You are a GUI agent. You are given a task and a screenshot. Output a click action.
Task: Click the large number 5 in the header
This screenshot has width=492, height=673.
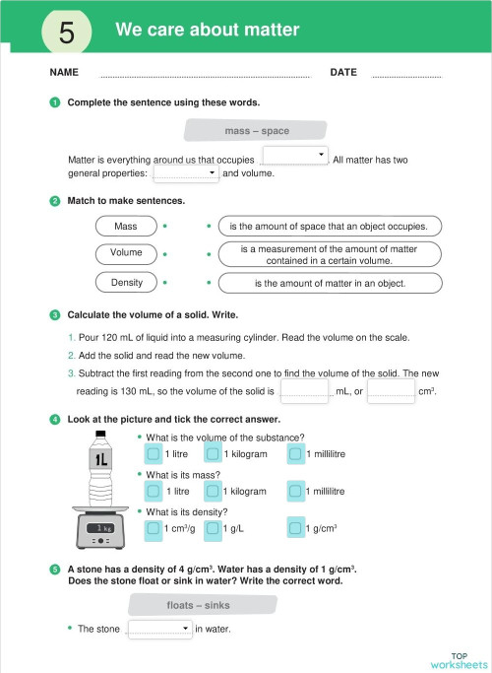67,32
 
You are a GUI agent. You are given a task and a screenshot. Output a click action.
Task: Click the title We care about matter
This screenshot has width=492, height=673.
207,30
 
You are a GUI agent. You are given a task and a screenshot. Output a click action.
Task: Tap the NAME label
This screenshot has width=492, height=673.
64,73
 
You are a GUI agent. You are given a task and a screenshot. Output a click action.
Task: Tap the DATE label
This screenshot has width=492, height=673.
343,73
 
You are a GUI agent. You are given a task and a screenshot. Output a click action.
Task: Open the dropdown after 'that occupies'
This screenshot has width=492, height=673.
295,156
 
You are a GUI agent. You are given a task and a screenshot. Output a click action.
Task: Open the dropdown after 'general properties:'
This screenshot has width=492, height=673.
186,173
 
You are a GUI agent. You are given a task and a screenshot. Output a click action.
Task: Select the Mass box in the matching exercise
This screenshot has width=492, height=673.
126,227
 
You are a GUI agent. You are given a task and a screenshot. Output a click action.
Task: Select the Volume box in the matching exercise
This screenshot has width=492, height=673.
126,253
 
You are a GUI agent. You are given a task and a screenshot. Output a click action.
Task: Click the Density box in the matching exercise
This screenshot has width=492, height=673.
126,283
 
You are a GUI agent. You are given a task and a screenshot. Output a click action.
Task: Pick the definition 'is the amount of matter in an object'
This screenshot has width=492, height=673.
330,284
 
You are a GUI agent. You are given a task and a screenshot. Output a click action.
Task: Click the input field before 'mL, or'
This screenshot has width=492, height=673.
305,391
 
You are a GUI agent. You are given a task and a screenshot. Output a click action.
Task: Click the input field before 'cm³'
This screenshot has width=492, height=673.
391,391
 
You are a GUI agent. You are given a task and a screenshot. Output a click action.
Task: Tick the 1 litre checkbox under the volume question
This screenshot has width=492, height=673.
153,454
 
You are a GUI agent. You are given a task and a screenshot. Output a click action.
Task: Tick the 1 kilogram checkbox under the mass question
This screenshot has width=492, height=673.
212,491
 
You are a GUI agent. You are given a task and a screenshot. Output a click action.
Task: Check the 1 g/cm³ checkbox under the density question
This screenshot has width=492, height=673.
295,529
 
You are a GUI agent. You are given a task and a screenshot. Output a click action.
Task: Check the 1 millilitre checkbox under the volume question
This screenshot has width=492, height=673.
295,454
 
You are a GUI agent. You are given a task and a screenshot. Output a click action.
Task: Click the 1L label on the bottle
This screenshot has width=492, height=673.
100,460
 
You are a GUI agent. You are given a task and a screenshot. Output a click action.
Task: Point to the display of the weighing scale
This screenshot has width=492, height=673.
101,529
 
